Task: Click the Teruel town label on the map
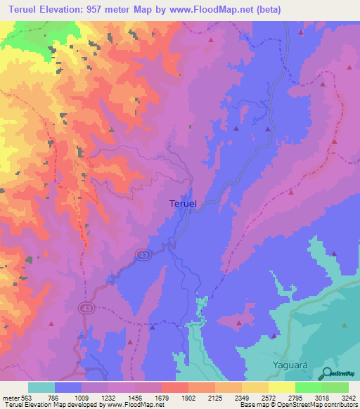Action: (184, 203)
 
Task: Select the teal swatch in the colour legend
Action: (41, 387)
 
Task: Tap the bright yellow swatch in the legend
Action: (281, 387)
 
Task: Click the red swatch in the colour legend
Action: (175, 387)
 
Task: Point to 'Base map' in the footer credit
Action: (252, 405)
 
